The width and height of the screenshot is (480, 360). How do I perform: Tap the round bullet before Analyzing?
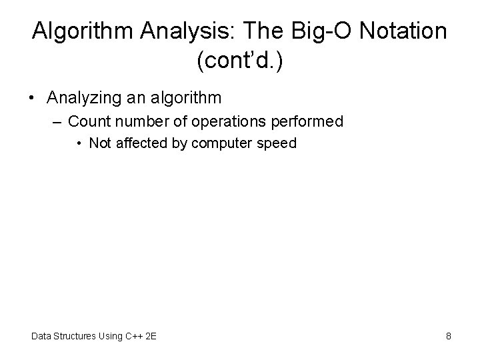click(32, 98)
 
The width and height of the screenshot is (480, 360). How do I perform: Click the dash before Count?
click(59, 121)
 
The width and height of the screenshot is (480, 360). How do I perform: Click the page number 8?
click(448, 336)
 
